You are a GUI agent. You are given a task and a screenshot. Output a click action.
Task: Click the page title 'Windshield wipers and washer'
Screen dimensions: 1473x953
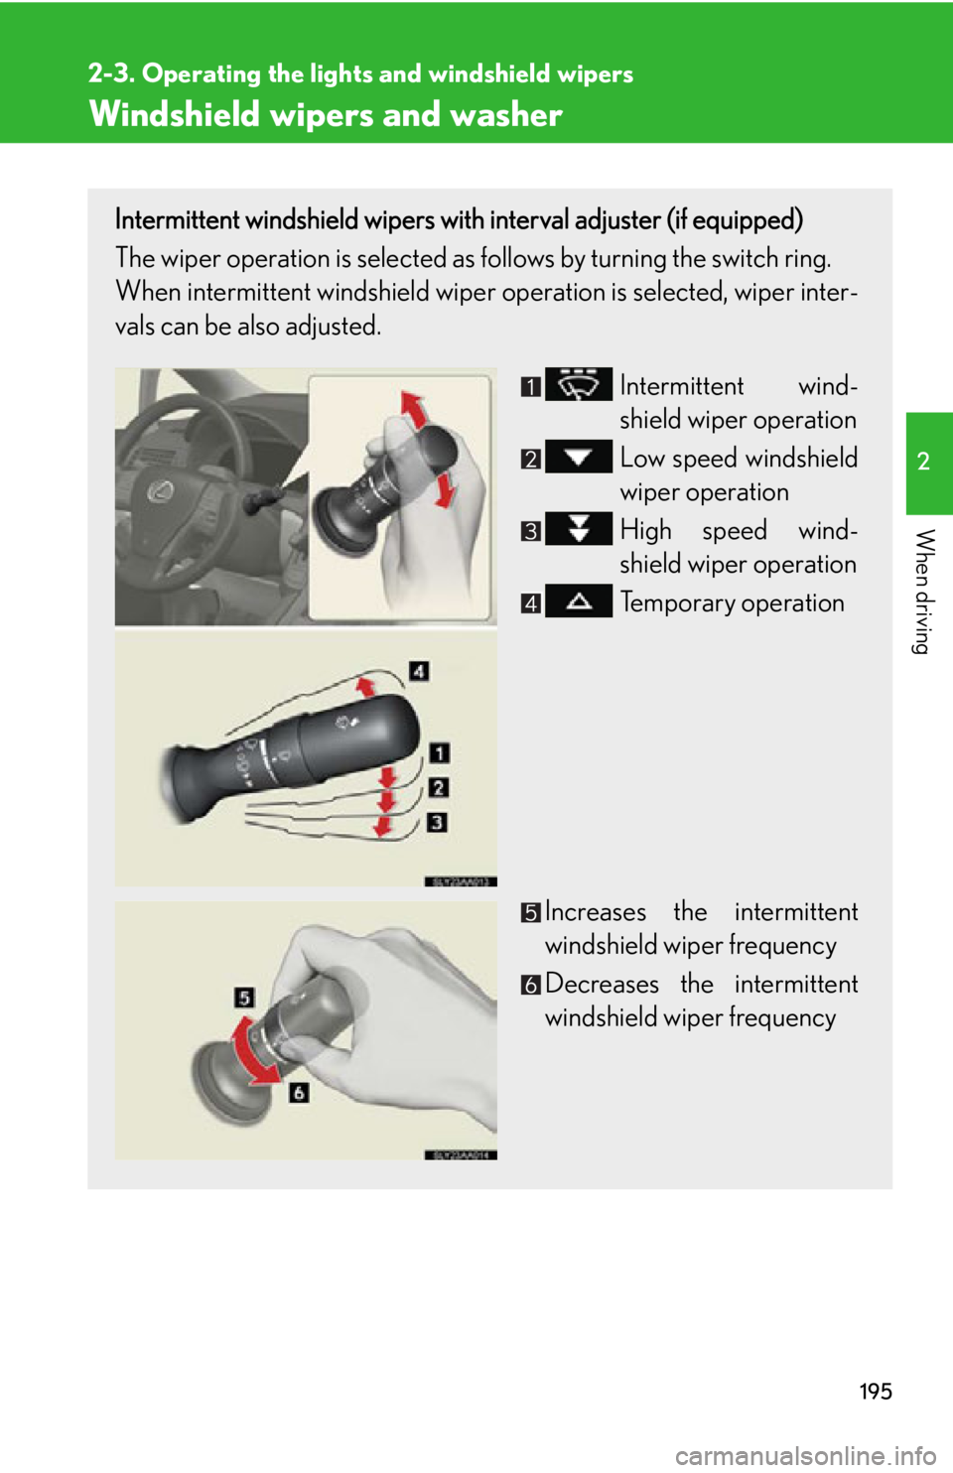326,114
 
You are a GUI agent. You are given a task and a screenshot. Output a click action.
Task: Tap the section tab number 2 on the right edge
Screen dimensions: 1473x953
923,462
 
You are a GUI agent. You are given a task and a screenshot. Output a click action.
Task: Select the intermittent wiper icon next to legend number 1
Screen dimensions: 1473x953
579,384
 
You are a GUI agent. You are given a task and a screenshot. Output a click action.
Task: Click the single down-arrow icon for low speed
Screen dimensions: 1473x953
579,457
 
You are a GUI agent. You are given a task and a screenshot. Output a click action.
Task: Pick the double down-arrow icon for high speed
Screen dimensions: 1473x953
579,528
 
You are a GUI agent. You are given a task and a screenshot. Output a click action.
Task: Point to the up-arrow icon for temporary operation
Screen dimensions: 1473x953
579,602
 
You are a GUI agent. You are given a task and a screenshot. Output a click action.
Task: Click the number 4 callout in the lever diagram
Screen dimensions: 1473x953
419,671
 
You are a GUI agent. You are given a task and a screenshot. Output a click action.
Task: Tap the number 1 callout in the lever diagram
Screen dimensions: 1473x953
439,754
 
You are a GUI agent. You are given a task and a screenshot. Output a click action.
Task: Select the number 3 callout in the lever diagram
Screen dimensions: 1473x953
437,822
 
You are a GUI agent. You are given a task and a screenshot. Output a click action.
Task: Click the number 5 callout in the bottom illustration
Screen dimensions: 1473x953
244,998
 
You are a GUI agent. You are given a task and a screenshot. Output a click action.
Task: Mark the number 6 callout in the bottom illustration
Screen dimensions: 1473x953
299,1093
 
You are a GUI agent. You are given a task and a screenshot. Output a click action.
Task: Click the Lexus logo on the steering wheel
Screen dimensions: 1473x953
158,490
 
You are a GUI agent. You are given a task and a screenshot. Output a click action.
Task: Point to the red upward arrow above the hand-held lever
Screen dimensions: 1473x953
413,408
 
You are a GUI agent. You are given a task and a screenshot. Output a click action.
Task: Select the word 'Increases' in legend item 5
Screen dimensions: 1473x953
596,911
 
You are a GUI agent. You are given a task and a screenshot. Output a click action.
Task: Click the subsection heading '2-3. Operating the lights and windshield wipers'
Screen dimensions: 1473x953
360,73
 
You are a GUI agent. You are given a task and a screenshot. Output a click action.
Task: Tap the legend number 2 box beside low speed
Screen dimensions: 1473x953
531,459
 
